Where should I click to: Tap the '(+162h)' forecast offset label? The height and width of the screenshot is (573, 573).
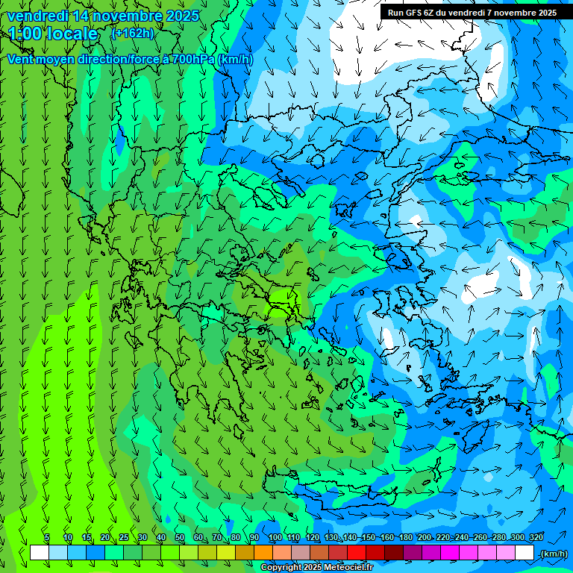[133, 33]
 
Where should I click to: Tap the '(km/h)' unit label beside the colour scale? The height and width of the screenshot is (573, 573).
[553, 554]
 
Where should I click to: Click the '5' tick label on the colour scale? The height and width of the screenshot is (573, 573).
[47, 537]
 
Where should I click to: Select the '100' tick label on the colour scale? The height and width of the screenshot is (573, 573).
[275, 537]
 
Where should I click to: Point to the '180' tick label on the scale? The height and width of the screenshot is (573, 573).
[405, 537]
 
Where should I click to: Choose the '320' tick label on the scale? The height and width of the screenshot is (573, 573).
[536, 537]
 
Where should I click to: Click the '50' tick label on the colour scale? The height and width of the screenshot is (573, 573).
[180, 537]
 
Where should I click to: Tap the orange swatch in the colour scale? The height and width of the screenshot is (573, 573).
[263, 553]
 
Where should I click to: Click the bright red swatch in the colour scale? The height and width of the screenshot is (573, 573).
[357, 553]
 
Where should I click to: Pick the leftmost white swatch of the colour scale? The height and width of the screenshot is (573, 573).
[40, 553]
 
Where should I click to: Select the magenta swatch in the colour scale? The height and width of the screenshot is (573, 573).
[450, 553]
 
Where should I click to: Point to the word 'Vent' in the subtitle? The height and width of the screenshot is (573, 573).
[21, 59]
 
